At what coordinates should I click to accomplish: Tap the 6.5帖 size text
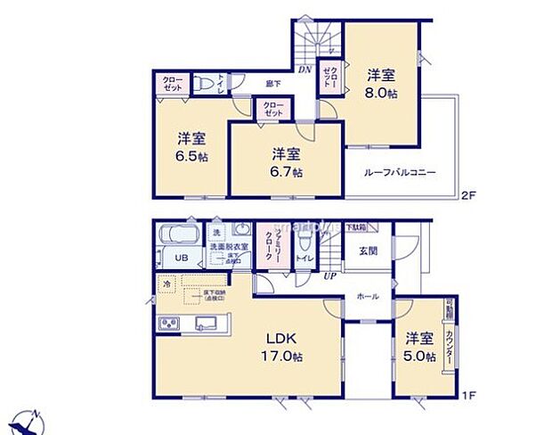coord(191,156)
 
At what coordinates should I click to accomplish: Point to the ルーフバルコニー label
coord(399,171)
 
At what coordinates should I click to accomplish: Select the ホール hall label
coord(367,296)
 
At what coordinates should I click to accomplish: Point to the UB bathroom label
coord(180,259)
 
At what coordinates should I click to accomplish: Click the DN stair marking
coord(304,70)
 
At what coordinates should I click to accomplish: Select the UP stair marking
coord(329,275)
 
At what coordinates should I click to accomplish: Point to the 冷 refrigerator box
coord(166,285)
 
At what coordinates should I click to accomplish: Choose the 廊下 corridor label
coord(274,84)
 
